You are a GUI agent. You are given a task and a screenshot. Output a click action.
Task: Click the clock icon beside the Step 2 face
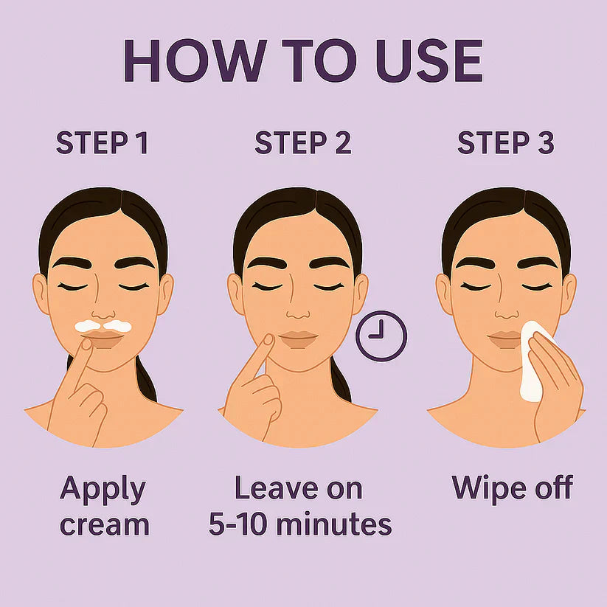(381, 336)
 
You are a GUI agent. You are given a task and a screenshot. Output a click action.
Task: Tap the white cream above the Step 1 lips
(103, 325)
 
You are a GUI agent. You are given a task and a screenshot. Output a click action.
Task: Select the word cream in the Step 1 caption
(104, 525)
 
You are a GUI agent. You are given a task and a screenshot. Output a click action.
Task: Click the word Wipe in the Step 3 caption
(483, 488)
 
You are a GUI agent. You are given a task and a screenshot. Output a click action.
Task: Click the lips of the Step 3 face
(506, 340)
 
